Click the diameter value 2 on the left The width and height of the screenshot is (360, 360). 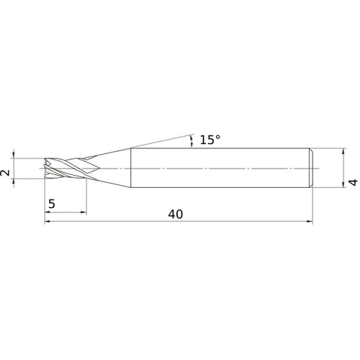pyautogui.click(x=6, y=174)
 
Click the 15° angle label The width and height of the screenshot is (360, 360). pyautogui.click(x=210, y=140)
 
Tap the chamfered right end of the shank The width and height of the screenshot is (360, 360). pyautogui.click(x=312, y=168)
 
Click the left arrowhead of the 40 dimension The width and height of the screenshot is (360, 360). pyautogui.click(x=48, y=222)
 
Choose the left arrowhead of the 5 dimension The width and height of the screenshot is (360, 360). pyautogui.click(x=48, y=212)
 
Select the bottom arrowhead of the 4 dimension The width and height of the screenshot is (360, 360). pyautogui.click(x=342, y=186)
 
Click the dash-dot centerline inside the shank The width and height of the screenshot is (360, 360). pyautogui.click(x=216, y=168)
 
